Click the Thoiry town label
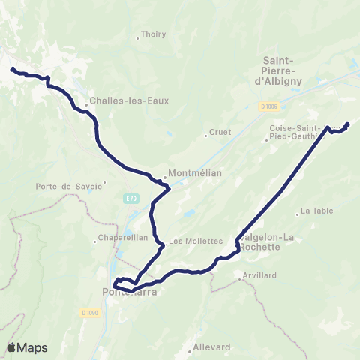click(x=153, y=34)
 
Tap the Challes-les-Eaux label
click(x=118, y=100)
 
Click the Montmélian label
click(x=188, y=170)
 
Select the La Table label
click(x=316, y=211)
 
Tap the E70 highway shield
click(x=131, y=198)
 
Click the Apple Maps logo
click(x=28, y=347)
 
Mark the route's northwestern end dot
click(x=12, y=70)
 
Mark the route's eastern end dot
click(x=346, y=124)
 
